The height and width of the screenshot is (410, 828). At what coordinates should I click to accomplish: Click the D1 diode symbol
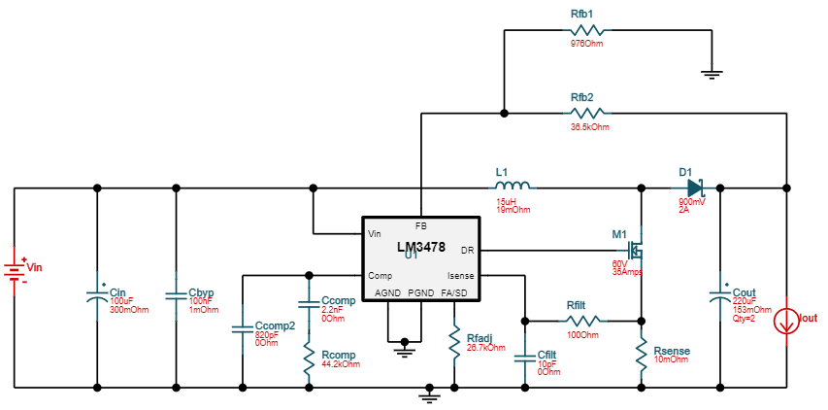point(694,187)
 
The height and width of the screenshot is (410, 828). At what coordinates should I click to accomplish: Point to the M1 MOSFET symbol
point(634,251)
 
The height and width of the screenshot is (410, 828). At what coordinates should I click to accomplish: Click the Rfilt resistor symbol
point(583,319)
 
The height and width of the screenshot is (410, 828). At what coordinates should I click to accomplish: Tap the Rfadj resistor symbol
point(454,340)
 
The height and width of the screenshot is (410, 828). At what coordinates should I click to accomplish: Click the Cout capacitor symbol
point(720,291)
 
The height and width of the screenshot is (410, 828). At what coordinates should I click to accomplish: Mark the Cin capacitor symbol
point(96,291)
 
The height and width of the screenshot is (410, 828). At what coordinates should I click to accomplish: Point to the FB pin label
point(421,224)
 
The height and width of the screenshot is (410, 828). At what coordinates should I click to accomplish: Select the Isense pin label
point(460,276)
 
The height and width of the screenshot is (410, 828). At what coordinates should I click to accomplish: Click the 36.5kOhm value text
point(590,127)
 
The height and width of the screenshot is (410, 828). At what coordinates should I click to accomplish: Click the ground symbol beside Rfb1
point(712,71)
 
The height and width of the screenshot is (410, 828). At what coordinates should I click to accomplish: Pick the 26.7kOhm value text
point(486,347)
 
